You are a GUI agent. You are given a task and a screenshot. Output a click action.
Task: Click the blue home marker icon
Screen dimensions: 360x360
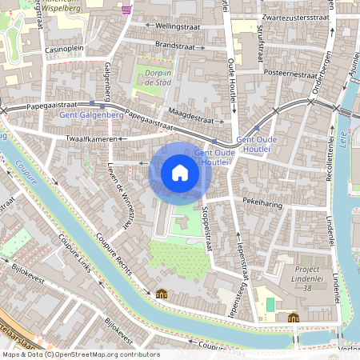pos(180,173)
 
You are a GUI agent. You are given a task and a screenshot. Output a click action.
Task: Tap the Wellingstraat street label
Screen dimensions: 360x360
pos(178,26)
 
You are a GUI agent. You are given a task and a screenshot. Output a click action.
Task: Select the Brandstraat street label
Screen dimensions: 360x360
pos(175,45)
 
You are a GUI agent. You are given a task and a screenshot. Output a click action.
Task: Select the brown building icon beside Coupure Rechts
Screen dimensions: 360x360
pos(162,294)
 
